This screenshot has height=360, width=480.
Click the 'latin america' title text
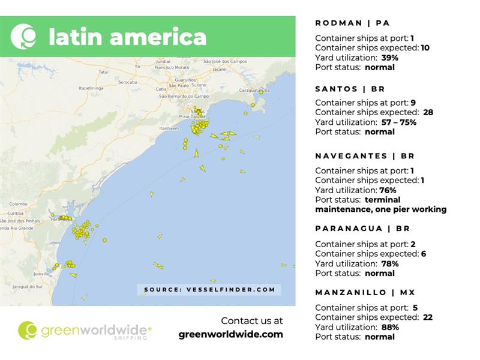(x=127, y=37)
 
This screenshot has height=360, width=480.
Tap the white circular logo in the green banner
(x=23, y=36)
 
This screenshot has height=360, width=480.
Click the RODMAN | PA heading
(x=352, y=23)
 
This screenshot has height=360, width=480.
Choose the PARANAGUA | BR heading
(x=362, y=229)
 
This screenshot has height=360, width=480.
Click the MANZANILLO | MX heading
(x=365, y=292)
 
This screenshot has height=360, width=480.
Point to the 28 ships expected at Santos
(x=428, y=112)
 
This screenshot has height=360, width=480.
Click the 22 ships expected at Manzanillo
(x=427, y=317)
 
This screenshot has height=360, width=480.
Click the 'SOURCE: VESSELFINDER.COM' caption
(x=209, y=290)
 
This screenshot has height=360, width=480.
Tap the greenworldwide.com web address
(x=231, y=335)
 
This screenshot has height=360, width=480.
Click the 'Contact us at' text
(x=251, y=320)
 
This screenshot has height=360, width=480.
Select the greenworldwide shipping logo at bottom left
(x=84, y=331)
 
